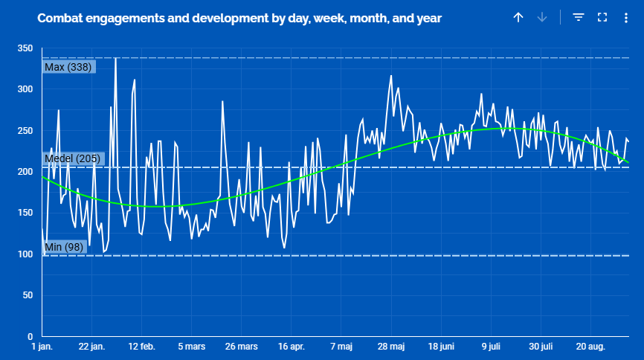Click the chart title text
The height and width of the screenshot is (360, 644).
(x=239, y=19)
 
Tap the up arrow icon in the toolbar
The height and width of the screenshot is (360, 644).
(x=518, y=17)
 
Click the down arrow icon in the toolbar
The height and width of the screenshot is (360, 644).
(x=542, y=17)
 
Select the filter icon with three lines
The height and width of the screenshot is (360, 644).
(x=579, y=17)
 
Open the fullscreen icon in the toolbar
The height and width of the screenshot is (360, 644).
(x=602, y=17)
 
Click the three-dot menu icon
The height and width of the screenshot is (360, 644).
(x=626, y=18)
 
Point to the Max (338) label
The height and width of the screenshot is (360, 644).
(x=68, y=67)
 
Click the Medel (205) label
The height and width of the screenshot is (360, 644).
(x=73, y=158)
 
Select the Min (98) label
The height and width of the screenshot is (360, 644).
(x=64, y=247)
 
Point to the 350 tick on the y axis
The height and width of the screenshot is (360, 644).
(x=25, y=48)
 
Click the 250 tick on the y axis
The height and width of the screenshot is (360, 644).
(x=25, y=131)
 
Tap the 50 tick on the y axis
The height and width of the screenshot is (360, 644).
(x=28, y=295)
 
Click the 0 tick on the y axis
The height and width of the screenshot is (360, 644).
(x=30, y=337)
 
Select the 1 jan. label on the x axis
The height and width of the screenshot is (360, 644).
(x=42, y=347)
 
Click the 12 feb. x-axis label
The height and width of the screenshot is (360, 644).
(x=142, y=347)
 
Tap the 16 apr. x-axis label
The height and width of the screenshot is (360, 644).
(x=292, y=347)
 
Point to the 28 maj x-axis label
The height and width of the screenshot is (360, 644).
(x=391, y=347)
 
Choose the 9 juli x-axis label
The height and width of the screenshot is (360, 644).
(x=491, y=347)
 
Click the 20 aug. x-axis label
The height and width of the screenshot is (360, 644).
(x=590, y=347)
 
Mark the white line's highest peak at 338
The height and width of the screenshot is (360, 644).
(x=115, y=58)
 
